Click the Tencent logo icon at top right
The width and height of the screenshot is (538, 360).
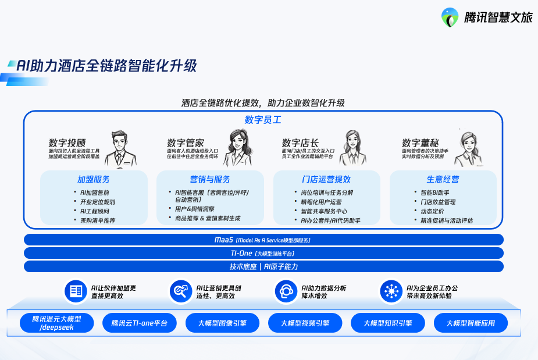[450, 17]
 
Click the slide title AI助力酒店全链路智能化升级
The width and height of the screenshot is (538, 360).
[106, 66]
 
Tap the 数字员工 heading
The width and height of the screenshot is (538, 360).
[263, 120]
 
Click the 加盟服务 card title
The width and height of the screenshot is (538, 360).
[94, 179]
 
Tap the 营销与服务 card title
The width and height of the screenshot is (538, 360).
[210, 179]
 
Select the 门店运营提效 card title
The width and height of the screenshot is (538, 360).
[326, 179]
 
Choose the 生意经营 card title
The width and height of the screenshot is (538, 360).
[443, 179]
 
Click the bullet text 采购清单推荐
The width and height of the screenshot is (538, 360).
[97, 220]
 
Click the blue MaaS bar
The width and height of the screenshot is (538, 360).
[263, 240]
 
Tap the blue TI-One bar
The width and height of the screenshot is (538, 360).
[263, 253]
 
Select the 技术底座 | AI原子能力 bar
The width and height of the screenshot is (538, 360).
[263, 266]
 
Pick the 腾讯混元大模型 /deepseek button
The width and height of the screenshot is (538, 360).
[56, 323]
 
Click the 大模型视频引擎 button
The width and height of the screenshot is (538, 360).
[305, 323]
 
